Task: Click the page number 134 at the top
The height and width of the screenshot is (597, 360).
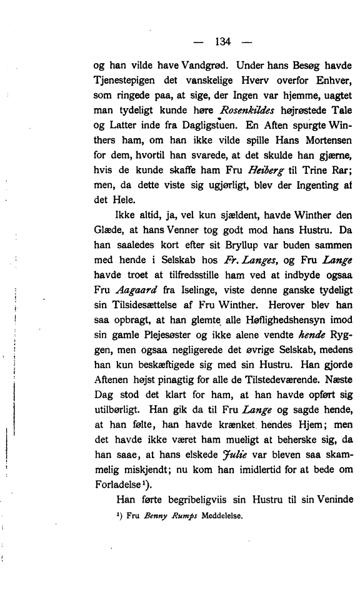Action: (x=223, y=42)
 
